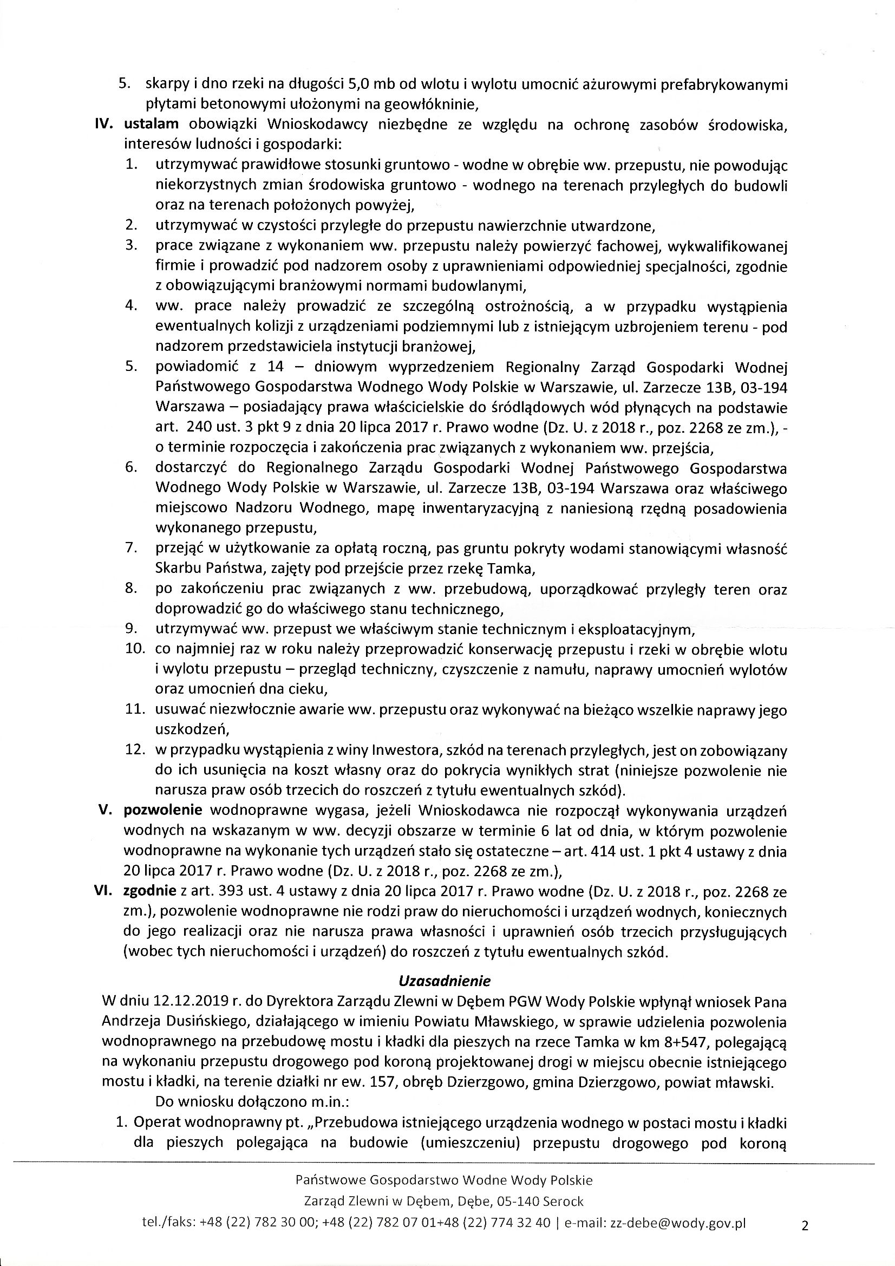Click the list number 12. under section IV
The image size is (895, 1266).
tap(135, 750)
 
